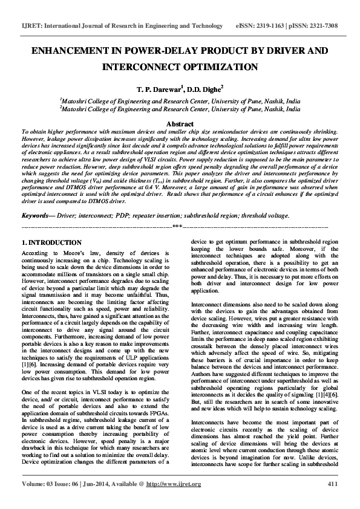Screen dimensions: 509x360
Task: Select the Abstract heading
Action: (x=180, y=123)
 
